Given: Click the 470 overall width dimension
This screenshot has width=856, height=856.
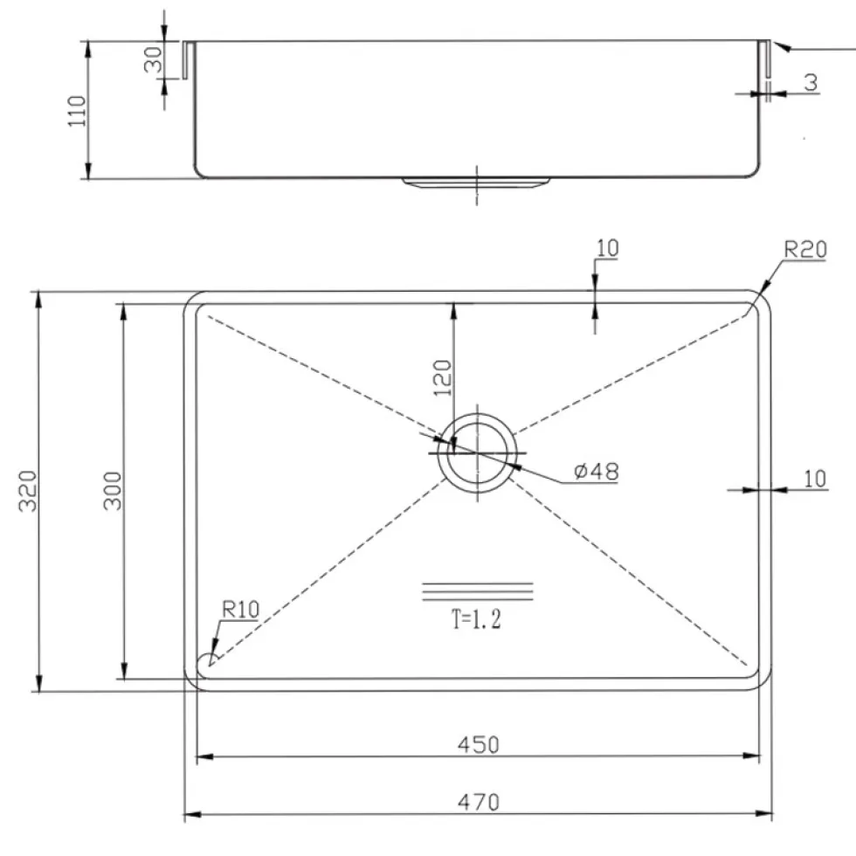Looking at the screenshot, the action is coord(479,802).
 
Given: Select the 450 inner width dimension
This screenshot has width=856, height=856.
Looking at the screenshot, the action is coord(479,744).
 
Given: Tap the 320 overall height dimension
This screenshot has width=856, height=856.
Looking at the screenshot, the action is coord(28,491).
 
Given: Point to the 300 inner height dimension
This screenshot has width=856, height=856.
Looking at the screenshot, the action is coord(113,491).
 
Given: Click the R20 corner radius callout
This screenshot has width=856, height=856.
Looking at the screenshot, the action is coord(805,250).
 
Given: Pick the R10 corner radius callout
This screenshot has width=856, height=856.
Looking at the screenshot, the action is coord(240,610).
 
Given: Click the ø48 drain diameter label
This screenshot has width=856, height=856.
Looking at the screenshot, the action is coord(597,471).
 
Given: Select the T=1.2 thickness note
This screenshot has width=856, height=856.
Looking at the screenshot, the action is coord(476,619).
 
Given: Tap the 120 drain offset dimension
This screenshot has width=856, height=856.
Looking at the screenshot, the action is coord(443,378).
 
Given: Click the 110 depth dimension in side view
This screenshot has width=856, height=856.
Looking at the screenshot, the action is coord(77,111).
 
